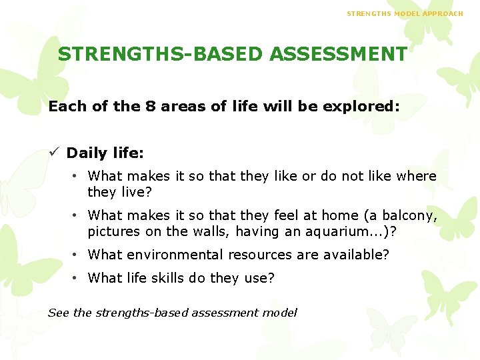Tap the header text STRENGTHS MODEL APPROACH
point(405,13)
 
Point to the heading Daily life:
point(105,153)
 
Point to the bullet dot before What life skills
point(77,278)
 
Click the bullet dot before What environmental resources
point(77,255)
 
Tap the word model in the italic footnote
point(281,313)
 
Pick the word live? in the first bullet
point(136,192)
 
